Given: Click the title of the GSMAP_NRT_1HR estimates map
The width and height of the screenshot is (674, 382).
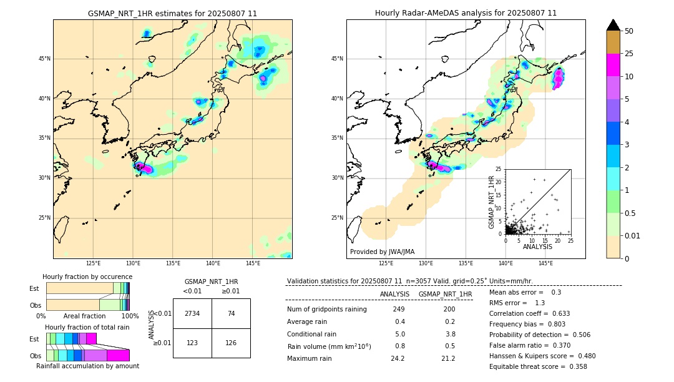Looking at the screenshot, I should click(172, 13).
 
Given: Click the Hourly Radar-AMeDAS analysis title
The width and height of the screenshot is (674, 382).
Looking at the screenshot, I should click(466, 13).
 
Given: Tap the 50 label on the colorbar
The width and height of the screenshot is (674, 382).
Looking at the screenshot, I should click(629, 31).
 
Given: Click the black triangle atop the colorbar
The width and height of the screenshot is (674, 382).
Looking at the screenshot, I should click(613, 25).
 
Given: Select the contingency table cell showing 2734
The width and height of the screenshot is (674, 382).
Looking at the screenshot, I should click(192, 313).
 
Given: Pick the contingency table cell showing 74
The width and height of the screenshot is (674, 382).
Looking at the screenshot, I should click(231, 313).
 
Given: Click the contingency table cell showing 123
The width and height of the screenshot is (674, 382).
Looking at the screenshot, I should click(192, 343).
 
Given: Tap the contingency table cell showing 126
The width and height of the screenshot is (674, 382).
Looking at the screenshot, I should click(231, 343).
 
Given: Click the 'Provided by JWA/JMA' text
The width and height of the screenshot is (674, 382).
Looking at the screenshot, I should click(382, 252).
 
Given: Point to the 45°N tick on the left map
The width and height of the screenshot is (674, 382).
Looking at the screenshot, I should click(44, 59).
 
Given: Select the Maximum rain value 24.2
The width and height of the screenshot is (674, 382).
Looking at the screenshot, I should click(397, 359).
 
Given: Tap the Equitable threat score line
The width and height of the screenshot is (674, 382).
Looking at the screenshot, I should click(538, 367).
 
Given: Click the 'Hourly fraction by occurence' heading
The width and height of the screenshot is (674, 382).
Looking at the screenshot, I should click(87, 277).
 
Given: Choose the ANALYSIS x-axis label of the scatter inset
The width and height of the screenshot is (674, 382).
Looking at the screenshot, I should click(537, 247).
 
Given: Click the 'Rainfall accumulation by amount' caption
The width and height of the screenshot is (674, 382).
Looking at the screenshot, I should click(87, 366).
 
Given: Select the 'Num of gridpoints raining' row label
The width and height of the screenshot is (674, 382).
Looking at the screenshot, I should click(326, 310).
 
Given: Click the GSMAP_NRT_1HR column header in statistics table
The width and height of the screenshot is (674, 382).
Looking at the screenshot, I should click(445, 294).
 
